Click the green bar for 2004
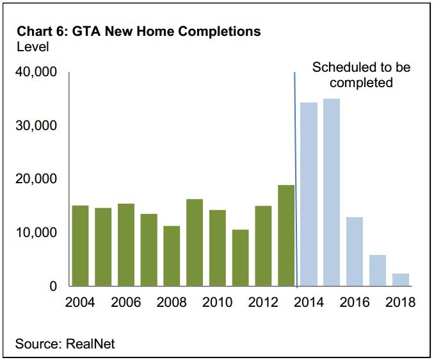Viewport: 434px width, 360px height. pyautogui.click(x=80, y=245)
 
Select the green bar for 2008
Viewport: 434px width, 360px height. pyautogui.click(x=172, y=256)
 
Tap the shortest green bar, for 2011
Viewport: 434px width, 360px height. pyautogui.click(x=240, y=258)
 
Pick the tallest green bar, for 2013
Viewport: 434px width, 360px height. pyautogui.click(x=286, y=235)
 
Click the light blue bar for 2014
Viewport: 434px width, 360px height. pyautogui.click(x=309, y=194)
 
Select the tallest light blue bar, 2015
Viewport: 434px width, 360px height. pyautogui.click(x=332, y=192)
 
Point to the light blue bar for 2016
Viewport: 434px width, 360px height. pyautogui.click(x=355, y=252)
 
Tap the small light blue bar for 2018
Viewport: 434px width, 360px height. pyautogui.click(x=401, y=280)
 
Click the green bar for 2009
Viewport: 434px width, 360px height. pyautogui.click(x=195, y=243)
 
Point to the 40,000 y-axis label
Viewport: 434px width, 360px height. pyautogui.click(x=36, y=72)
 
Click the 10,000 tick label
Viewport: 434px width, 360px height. pyautogui.click(x=36, y=233)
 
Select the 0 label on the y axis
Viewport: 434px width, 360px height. pyautogui.click(x=53, y=286)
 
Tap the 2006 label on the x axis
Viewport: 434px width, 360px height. pyautogui.click(x=126, y=302)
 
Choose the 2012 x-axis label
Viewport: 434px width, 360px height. pyautogui.click(x=263, y=302)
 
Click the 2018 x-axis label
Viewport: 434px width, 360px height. pyautogui.click(x=401, y=302)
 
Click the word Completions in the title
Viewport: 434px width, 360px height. pyautogui.click(x=219, y=31)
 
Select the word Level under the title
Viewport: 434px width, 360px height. pyautogui.click(x=33, y=47)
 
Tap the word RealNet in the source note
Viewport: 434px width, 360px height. pyautogui.click(x=90, y=343)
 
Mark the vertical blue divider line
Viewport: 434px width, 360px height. pyautogui.click(x=296, y=180)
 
